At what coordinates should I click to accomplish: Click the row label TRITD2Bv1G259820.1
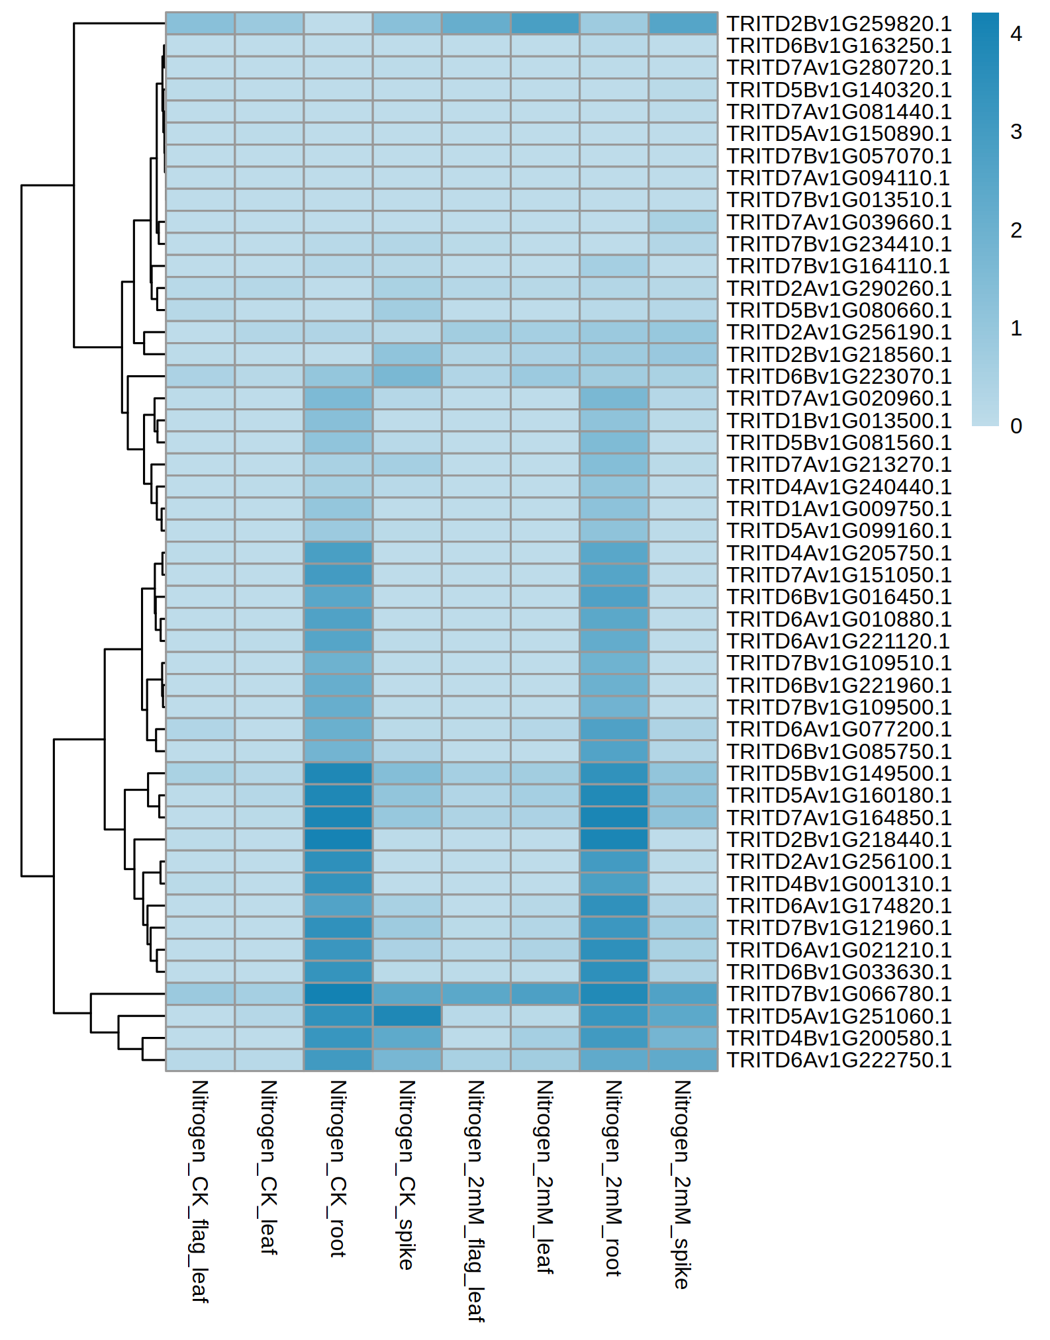[x=839, y=24]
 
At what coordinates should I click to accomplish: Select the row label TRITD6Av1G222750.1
[x=839, y=1060]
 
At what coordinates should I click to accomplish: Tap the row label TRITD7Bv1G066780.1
[x=839, y=994]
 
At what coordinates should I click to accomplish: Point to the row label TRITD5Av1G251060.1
[x=839, y=1016]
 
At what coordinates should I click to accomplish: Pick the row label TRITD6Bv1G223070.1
[x=839, y=377]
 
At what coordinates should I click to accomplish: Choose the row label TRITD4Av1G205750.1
[x=839, y=553]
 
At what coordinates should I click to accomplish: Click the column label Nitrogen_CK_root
[x=338, y=1168]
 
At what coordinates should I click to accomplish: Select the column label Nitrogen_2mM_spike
[x=683, y=1184]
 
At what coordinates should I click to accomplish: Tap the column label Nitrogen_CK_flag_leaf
[x=200, y=1191]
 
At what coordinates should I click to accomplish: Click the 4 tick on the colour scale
[x=1016, y=34]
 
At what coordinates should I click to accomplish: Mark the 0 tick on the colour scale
[x=1016, y=426]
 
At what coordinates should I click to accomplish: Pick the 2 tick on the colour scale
[x=1016, y=230]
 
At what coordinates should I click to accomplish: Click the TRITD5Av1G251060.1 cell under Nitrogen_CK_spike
[x=407, y=1016]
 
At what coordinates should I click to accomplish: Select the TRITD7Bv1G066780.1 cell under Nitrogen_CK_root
[x=338, y=994]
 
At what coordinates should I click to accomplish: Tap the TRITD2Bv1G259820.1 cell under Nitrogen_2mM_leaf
[x=545, y=24]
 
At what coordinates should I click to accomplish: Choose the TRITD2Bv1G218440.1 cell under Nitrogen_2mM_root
[x=614, y=840]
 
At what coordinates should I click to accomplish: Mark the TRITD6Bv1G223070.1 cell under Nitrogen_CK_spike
[x=407, y=377]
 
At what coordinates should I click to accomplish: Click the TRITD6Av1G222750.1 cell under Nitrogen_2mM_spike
[x=683, y=1060]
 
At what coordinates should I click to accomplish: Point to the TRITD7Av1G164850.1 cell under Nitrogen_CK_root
[x=338, y=818]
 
